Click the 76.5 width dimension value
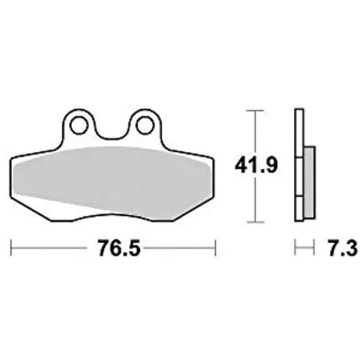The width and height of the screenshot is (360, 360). point(120,248)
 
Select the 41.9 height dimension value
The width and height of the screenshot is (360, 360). point(256,166)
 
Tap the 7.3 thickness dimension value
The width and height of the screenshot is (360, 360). point(343,248)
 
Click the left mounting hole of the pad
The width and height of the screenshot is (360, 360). point(78,125)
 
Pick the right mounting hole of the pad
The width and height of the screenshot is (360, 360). point(144,125)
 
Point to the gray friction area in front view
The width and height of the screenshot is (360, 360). point(111,180)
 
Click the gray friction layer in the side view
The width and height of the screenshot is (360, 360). point(309,182)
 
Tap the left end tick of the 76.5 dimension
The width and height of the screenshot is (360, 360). point(11,247)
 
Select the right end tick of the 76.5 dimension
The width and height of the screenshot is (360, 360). point(215,247)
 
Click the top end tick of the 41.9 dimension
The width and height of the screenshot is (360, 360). point(255,111)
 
